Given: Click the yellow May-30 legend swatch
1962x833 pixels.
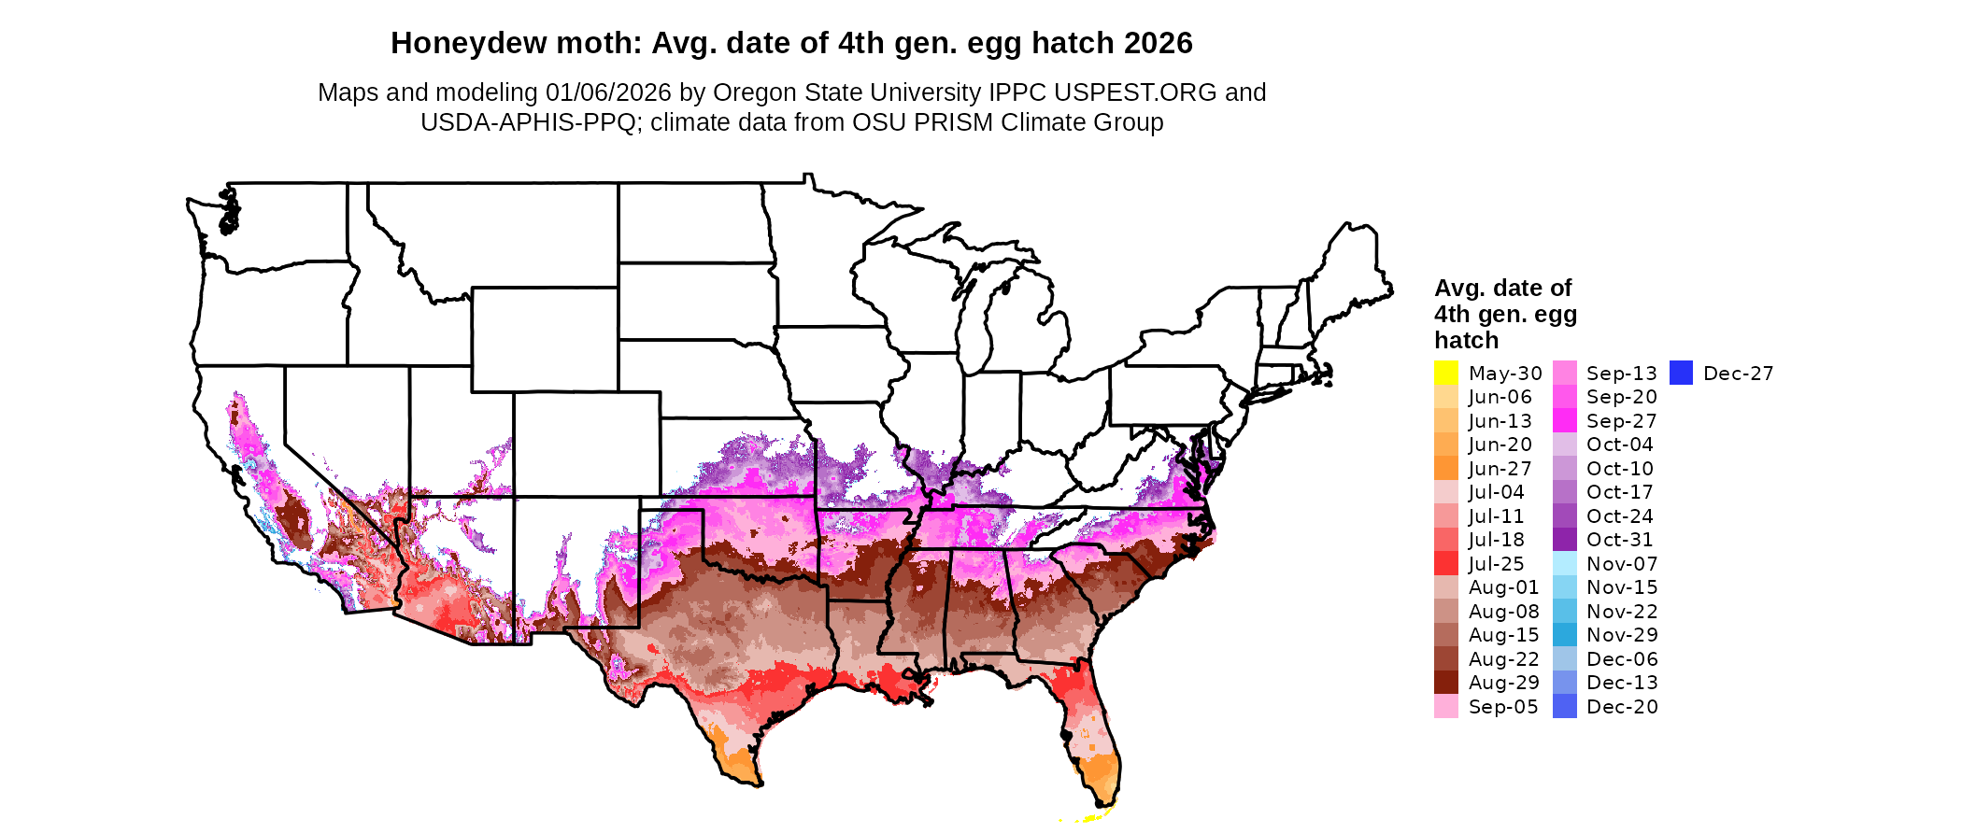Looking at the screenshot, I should pos(1445,373).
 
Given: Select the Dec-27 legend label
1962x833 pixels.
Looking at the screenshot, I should pos(1738,374).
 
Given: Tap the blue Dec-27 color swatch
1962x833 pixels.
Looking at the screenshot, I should pos(1681,373).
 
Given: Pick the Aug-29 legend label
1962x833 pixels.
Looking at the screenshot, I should pos(1504,683).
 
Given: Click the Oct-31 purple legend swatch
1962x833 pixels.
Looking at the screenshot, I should pos(1565,540).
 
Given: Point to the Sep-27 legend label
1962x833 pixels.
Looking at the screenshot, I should pos(1622,421).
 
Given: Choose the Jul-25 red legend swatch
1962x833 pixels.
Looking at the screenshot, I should pos(1445,563).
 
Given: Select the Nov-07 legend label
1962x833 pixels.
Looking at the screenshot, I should pos(1622,564).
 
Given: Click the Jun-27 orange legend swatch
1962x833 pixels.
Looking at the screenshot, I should pos(1445,468).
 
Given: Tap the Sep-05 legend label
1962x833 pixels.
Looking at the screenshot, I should pos(1503,707).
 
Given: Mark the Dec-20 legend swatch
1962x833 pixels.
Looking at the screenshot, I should pos(1565,706).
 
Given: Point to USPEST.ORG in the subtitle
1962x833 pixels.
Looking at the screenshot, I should pos(1135,92).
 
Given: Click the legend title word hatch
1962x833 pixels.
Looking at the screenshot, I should pos(1466,340).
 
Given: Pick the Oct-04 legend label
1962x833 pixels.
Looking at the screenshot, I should pos(1620,445).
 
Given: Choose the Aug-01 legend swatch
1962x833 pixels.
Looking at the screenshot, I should pos(1445,587).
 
